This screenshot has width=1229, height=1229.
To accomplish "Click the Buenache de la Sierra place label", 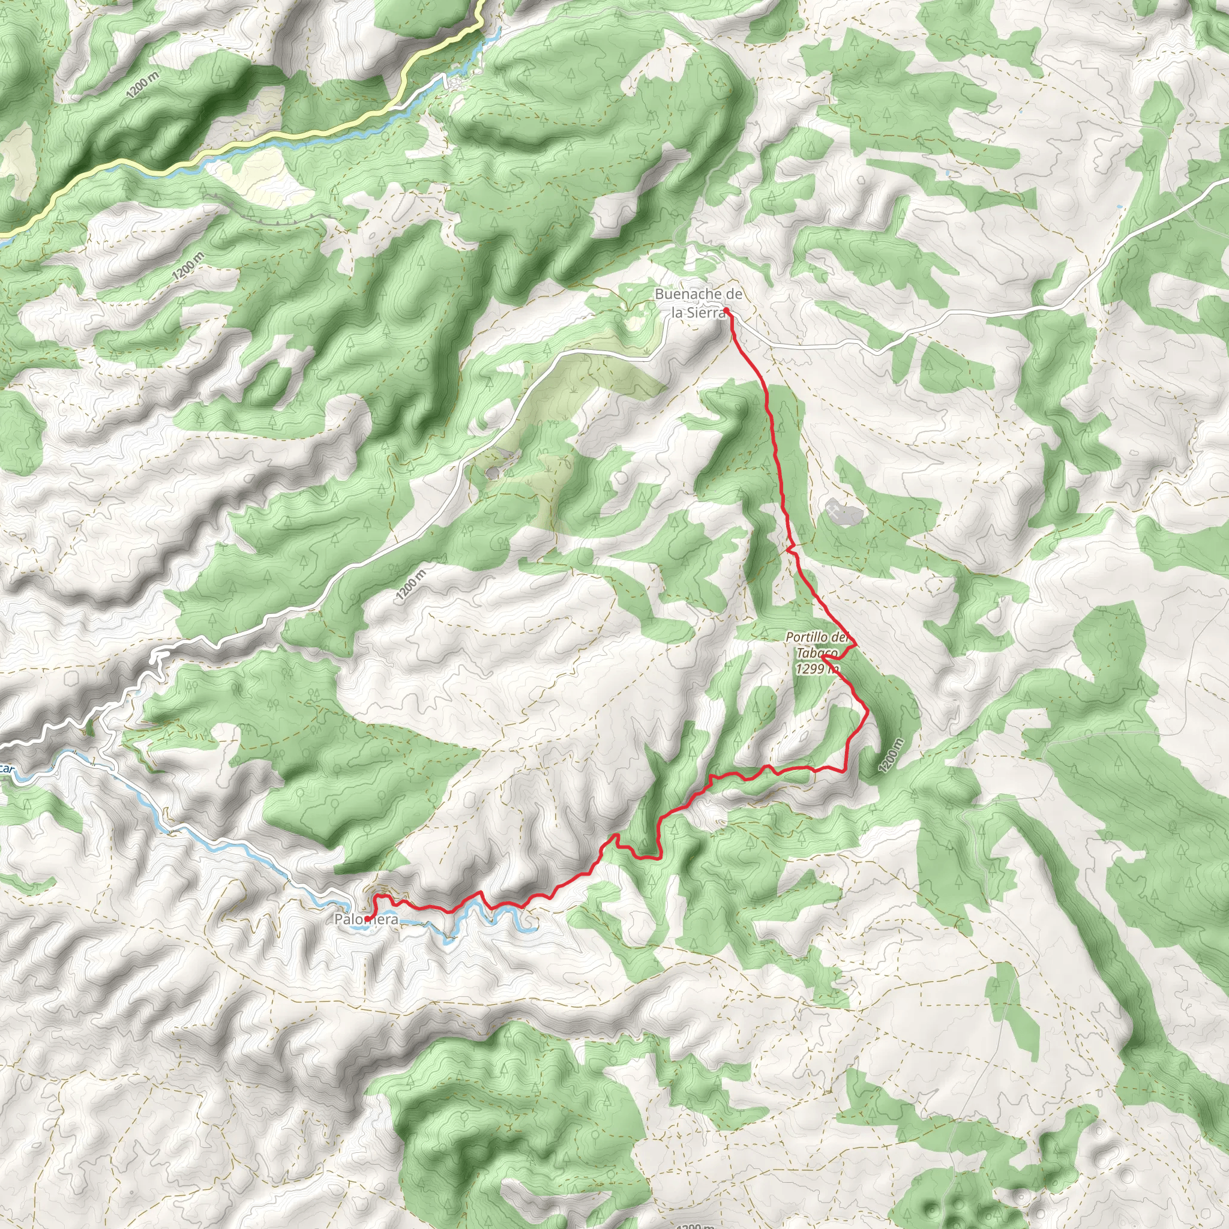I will click(699, 303).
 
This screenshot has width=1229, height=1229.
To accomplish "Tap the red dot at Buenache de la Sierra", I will click(726, 310).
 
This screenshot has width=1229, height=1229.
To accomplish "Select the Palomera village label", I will click(367, 919).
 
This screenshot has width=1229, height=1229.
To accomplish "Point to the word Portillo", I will click(807, 637).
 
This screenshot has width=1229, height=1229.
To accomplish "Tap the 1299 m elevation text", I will click(817, 669).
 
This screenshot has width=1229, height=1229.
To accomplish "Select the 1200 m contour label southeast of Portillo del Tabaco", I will click(891, 756).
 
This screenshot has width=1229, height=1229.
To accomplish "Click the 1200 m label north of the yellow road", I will click(142, 85).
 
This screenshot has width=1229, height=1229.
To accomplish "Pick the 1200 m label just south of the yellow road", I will click(188, 265).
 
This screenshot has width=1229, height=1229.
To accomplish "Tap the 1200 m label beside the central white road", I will click(411, 585).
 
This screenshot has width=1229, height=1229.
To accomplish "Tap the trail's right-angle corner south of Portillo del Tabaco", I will click(845, 771).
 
